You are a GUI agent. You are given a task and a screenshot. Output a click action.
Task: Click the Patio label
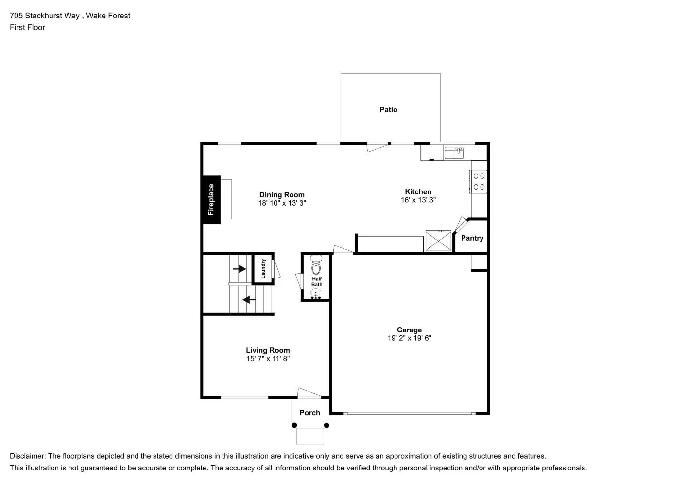388,110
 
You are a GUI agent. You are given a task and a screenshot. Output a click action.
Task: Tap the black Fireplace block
211,199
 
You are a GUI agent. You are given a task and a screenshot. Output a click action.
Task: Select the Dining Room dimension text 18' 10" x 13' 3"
282,203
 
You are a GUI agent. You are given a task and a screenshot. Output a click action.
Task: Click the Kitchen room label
418,191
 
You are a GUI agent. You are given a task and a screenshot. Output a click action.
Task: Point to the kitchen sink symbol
454,153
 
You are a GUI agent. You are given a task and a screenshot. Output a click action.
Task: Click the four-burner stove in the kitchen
479,181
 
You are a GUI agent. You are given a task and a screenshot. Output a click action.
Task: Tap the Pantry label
472,238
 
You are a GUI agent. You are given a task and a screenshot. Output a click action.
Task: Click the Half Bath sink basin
316,293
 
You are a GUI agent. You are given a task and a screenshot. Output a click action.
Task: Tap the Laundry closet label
263,268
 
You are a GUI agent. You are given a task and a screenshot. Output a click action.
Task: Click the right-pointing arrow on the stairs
240,268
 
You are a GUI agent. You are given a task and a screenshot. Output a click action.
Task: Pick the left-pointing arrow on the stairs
249,300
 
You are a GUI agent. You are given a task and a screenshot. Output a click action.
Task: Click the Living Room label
268,350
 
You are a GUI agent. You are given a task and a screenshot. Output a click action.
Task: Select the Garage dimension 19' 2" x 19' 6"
409,338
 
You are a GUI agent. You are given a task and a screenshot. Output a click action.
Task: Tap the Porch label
309,413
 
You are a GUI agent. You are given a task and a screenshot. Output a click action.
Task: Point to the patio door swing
377,146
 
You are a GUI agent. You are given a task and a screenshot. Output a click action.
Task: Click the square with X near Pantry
438,241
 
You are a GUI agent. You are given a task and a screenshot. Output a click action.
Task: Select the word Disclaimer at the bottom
27,456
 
